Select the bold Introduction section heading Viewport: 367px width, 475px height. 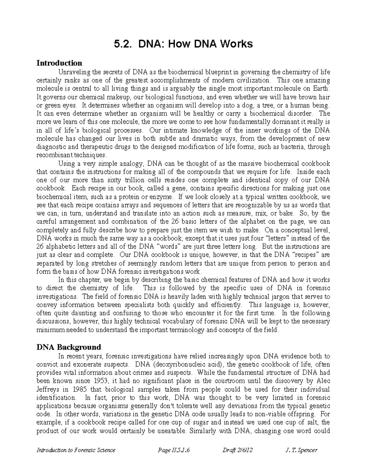(x=59, y=63)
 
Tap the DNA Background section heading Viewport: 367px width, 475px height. (x=69, y=347)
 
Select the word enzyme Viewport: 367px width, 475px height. (x=163, y=197)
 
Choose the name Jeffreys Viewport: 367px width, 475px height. (x=48, y=389)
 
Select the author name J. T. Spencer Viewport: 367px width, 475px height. (x=301, y=450)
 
